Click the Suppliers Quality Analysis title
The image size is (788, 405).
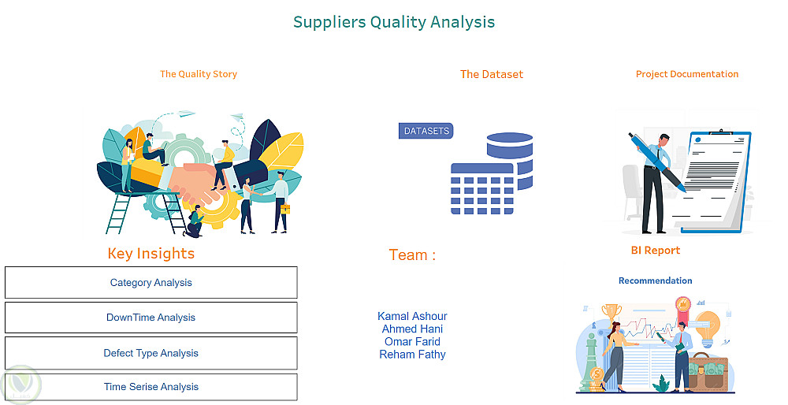pos(394,22)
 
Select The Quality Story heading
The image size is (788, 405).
pos(199,74)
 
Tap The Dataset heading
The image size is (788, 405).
pos(492,74)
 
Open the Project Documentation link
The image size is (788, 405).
pos(687,74)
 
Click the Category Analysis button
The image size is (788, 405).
pos(151,282)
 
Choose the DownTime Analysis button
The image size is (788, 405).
pos(151,318)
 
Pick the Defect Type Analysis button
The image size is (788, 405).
pos(151,353)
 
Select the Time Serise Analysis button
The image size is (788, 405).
pos(151,387)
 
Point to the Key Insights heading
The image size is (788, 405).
pos(151,254)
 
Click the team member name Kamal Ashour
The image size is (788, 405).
pos(412,316)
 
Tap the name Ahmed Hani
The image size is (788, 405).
pos(412,329)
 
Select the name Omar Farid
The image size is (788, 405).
pos(412,342)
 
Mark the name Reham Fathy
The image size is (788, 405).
pos(412,355)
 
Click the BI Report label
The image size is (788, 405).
pos(656,251)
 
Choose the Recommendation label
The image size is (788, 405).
pos(656,281)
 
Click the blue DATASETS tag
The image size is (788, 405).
pos(426,131)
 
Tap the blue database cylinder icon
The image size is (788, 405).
pos(511,161)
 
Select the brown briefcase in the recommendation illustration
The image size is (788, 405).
pos(708,373)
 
